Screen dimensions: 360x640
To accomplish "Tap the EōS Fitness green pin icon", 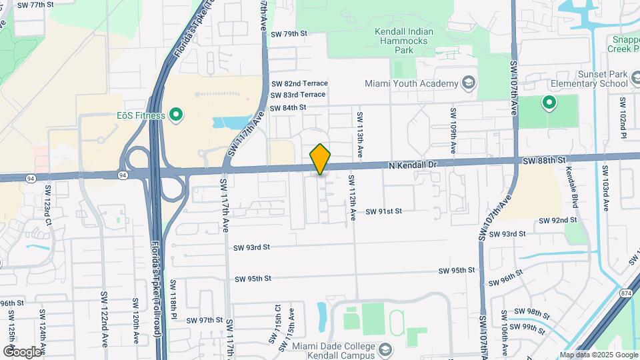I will tap(176, 116).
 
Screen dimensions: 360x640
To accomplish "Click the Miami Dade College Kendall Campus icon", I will tap(385, 349).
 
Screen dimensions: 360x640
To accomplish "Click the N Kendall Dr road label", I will tap(413, 164).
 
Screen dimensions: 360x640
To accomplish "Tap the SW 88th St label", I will tap(543, 161).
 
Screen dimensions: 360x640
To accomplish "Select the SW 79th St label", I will tap(289, 33).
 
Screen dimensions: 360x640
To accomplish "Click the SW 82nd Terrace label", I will tap(299, 83).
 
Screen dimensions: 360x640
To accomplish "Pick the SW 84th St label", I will tap(287, 107).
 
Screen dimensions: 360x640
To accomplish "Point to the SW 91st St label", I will tap(383, 211).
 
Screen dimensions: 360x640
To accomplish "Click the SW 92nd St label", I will tap(557, 220).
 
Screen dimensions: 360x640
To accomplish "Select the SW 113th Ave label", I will tap(360, 134).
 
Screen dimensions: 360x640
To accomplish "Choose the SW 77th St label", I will tap(35, 5).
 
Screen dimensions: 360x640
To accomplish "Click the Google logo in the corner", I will tap(21, 351).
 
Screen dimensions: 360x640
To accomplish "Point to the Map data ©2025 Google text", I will tap(599, 355).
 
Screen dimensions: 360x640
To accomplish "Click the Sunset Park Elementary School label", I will tap(589, 79).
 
